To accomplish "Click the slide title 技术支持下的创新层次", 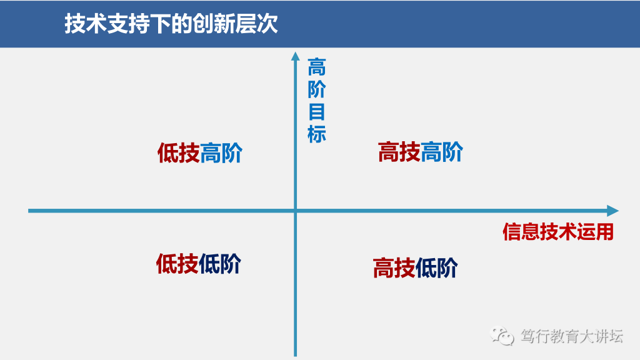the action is pyautogui.click(x=171, y=23).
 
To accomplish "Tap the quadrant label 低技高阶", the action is pyautogui.click(x=200, y=152).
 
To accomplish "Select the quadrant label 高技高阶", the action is pyautogui.click(x=421, y=152).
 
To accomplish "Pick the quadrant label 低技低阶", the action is pyautogui.click(x=199, y=264).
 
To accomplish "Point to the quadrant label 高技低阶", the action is pyautogui.click(x=415, y=267).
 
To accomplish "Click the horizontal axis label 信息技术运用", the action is pyautogui.click(x=558, y=232).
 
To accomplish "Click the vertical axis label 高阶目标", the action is pyautogui.click(x=317, y=101).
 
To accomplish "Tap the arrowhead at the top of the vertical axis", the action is pyautogui.click(x=295, y=56).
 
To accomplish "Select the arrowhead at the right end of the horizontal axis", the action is pyautogui.click(x=613, y=211).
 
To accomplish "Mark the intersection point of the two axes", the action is pyautogui.click(x=295, y=211).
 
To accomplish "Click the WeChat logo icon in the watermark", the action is pyautogui.click(x=502, y=336).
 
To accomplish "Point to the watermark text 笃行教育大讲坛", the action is pyautogui.click(x=572, y=336).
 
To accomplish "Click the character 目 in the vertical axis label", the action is pyautogui.click(x=317, y=112).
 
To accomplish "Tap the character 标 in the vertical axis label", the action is pyautogui.click(x=317, y=134).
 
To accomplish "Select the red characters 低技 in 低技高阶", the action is pyautogui.click(x=178, y=152).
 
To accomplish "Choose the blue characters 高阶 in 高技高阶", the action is pyautogui.click(x=442, y=152).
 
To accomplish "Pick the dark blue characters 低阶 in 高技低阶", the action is pyautogui.click(x=437, y=267).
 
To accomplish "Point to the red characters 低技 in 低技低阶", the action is pyautogui.click(x=177, y=264).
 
